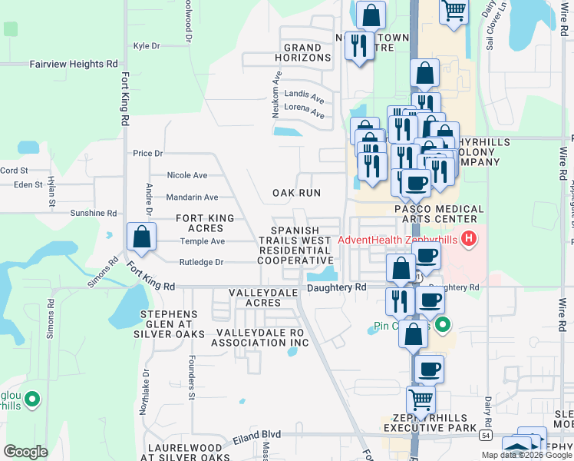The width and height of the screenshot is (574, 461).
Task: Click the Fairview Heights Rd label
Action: (x=74, y=65)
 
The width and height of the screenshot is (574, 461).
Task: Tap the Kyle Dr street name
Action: (x=146, y=46)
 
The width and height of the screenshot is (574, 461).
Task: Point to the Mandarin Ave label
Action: (x=193, y=197)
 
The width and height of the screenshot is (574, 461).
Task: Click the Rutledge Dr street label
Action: (x=202, y=262)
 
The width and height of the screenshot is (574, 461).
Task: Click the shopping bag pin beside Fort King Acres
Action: (x=142, y=238)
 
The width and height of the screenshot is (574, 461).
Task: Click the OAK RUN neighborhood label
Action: (x=296, y=193)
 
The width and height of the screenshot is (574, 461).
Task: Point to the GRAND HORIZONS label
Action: (x=307, y=52)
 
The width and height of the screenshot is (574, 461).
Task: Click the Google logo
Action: (x=25, y=451)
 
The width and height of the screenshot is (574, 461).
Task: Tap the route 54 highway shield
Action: (x=486, y=435)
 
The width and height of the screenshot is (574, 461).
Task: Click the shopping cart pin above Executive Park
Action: (x=421, y=400)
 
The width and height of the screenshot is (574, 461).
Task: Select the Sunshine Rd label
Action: (x=93, y=213)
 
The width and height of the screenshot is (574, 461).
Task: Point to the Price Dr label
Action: (x=148, y=154)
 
